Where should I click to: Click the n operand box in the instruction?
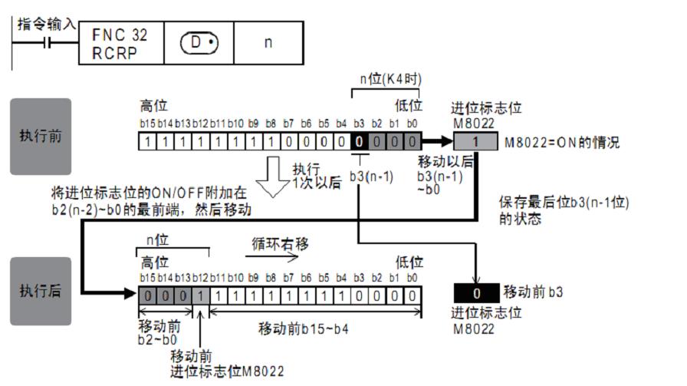coord(268,42)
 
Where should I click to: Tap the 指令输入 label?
coord(46,25)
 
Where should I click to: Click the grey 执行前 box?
coord(40,136)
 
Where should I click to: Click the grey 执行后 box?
coord(40,292)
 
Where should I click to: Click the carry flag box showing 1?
coord(476,141)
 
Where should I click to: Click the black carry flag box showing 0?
coord(476,292)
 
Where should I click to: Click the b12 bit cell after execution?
coord(200,294)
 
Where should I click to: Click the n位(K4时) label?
coord(390,79)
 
